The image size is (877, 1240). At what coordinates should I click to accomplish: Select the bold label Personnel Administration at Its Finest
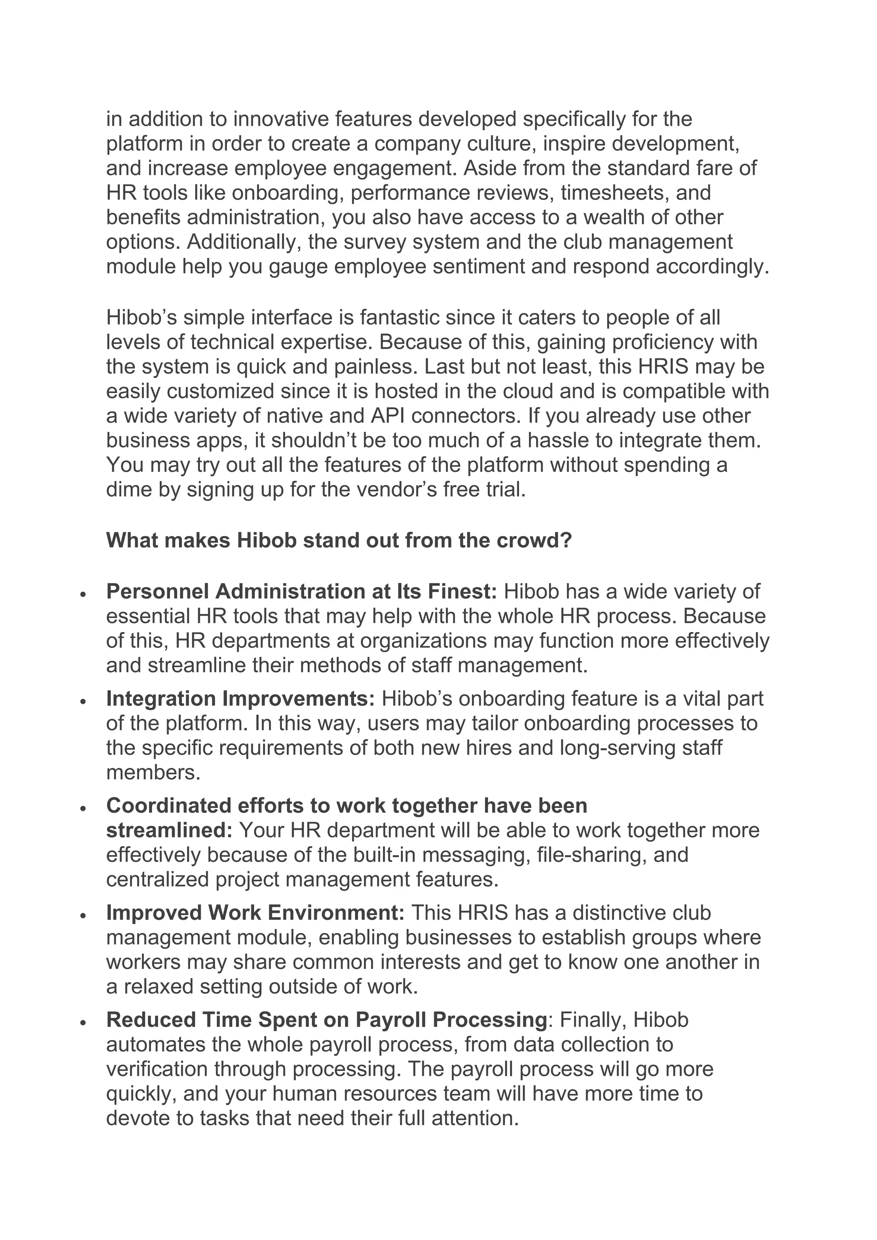[x=301, y=591]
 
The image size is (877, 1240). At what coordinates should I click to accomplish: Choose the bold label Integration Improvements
[x=240, y=698]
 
